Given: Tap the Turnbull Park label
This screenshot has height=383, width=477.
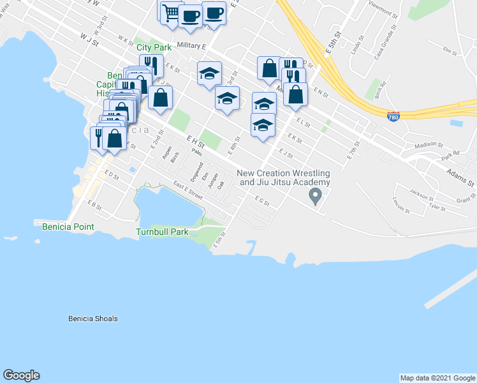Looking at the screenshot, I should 162,232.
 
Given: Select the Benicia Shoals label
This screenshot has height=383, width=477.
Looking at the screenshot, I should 92,319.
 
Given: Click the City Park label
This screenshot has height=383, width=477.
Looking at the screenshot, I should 154,47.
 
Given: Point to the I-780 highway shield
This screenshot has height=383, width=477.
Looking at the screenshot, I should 393,117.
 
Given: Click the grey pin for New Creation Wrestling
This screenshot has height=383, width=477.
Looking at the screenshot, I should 314,196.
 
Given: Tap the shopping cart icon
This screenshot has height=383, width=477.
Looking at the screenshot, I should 170,12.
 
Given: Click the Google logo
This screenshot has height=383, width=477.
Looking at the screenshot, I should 21,375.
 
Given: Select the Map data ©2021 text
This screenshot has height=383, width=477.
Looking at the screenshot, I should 437,378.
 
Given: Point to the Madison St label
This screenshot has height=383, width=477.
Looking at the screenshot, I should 428,144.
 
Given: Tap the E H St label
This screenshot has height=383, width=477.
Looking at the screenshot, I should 195,143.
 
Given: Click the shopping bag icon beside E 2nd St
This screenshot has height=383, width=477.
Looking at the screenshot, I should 161,97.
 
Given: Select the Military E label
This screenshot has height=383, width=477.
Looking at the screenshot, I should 192,46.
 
